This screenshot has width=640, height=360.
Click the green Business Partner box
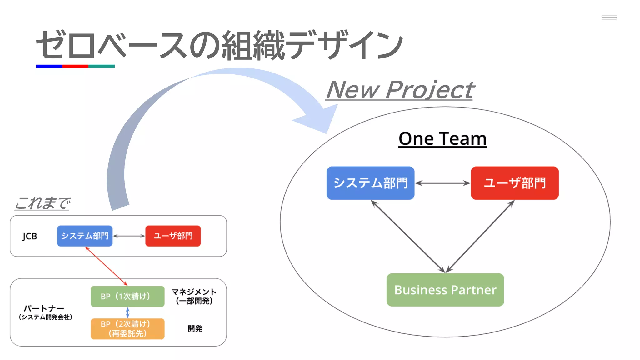click(445, 290)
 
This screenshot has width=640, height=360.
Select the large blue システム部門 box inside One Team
click(370, 183)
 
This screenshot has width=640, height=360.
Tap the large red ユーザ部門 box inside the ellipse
click(514, 183)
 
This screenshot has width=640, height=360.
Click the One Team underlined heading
click(442, 139)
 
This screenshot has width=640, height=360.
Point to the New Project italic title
click(400, 90)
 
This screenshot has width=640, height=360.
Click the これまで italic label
click(42, 203)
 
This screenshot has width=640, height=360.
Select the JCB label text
click(30, 236)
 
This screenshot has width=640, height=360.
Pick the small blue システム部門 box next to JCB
click(85, 236)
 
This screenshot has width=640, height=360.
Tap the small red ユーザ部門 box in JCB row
click(173, 236)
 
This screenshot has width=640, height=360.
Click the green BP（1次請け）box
click(127, 296)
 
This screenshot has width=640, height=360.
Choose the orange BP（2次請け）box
click(127, 329)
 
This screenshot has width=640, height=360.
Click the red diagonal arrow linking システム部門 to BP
click(106, 266)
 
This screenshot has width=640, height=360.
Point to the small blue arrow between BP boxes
click(127, 312)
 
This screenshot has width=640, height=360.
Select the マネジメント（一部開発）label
click(194, 296)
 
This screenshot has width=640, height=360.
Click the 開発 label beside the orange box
click(195, 329)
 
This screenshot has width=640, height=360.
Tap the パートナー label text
click(44, 308)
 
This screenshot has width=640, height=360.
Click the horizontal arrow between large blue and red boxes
click(442, 183)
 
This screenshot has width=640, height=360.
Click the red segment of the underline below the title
click(75, 66)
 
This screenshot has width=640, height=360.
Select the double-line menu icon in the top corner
click(609, 17)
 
